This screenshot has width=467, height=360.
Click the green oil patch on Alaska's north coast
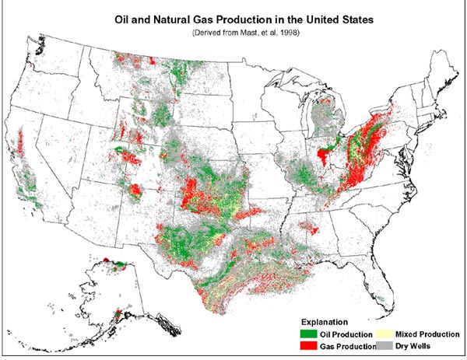pos(119,265)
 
